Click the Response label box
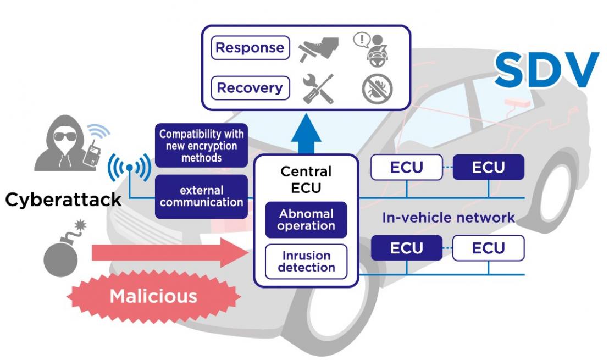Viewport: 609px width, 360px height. pyautogui.click(x=250, y=48)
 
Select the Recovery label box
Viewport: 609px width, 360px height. pyautogui.click(x=250, y=88)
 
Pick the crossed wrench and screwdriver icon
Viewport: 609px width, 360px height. pyautogui.click(x=319, y=88)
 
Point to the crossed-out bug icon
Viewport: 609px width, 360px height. pyautogui.click(x=378, y=89)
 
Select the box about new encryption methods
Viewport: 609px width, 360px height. pyautogui.click(x=201, y=145)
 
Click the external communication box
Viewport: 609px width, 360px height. pyautogui.click(x=201, y=196)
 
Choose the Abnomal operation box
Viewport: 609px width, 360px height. pyautogui.click(x=306, y=220)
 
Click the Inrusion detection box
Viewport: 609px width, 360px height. pyautogui.click(x=306, y=262)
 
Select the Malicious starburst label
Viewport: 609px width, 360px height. pyautogui.click(x=153, y=296)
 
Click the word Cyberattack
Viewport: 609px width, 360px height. pyautogui.click(x=63, y=199)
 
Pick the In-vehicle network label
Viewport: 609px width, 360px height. pyautogui.click(x=449, y=218)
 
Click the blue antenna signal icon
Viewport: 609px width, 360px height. pyautogui.click(x=129, y=165)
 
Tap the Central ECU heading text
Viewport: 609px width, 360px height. pyautogui.click(x=306, y=178)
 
